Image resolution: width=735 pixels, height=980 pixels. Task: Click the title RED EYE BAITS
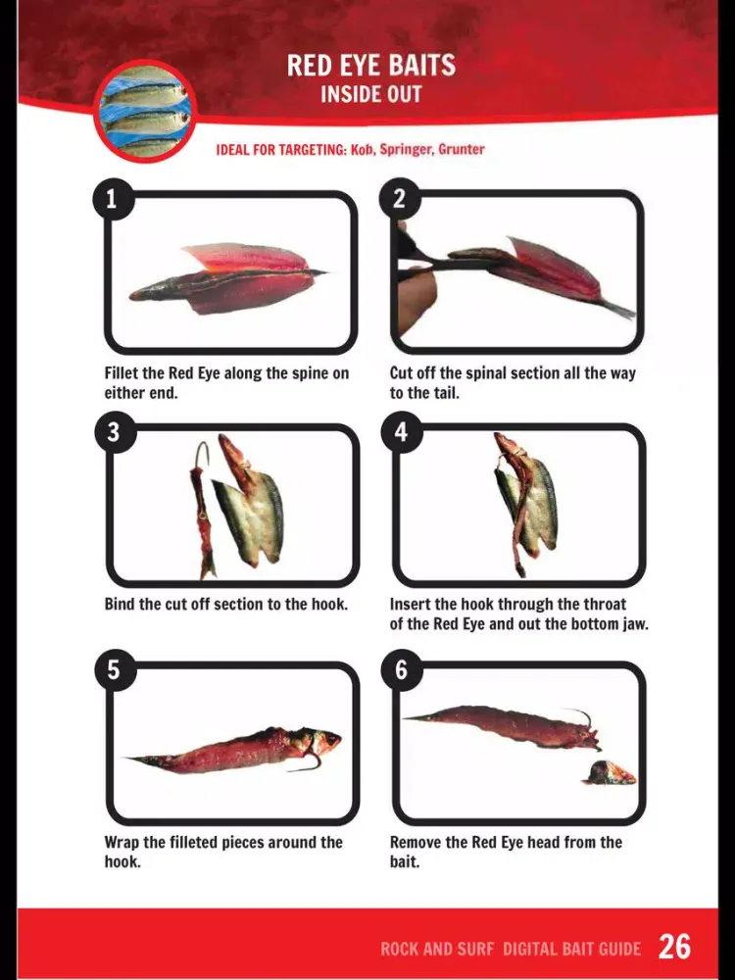371,65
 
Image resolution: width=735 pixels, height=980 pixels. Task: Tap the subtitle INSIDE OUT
371,94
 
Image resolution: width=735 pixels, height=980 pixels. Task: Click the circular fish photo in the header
146,112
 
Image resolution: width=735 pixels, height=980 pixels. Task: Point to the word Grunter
462,149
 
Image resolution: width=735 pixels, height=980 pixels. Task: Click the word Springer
407,150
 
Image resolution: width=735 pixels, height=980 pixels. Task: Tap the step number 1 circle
113,199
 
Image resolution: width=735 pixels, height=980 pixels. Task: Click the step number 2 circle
400,199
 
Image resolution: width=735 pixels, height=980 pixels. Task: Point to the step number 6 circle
401,669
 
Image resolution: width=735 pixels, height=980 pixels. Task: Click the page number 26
675,947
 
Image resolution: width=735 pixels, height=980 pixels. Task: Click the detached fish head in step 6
610,772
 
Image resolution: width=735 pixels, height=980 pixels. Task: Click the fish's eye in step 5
329,741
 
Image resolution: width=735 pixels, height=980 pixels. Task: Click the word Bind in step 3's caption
119,605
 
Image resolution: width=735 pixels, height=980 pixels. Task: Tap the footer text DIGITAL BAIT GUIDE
572,949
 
